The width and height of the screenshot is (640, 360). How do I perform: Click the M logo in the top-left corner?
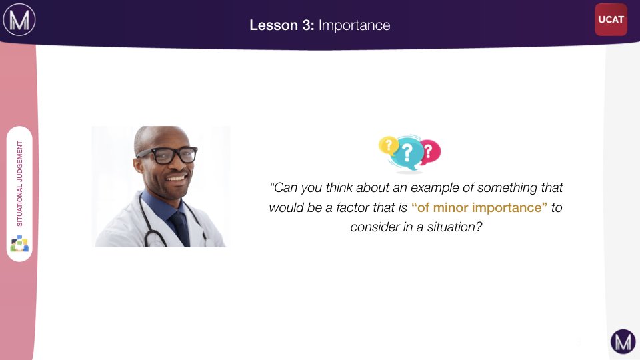click(x=19, y=19)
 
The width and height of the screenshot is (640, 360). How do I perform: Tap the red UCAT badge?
click(x=611, y=19)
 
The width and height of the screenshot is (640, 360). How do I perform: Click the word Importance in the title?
click(x=354, y=25)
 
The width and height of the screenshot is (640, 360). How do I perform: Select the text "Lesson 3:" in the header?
click(x=281, y=25)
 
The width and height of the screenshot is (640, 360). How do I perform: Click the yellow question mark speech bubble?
click(x=388, y=146)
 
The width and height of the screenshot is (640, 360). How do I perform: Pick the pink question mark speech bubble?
click(x=430, y=152)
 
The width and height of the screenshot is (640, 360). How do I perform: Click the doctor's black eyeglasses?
click(x=167, y=155)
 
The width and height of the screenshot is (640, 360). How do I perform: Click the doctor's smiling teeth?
click(x=176, y=179)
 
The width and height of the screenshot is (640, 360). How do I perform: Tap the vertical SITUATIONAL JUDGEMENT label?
click(x=19, y=184)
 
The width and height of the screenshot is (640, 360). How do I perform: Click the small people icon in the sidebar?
click(x=19, y=243)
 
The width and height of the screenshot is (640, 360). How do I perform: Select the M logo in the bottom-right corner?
click(x=623, y=341)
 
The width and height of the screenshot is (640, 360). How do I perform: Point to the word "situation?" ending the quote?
click(x=455, y=227)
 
